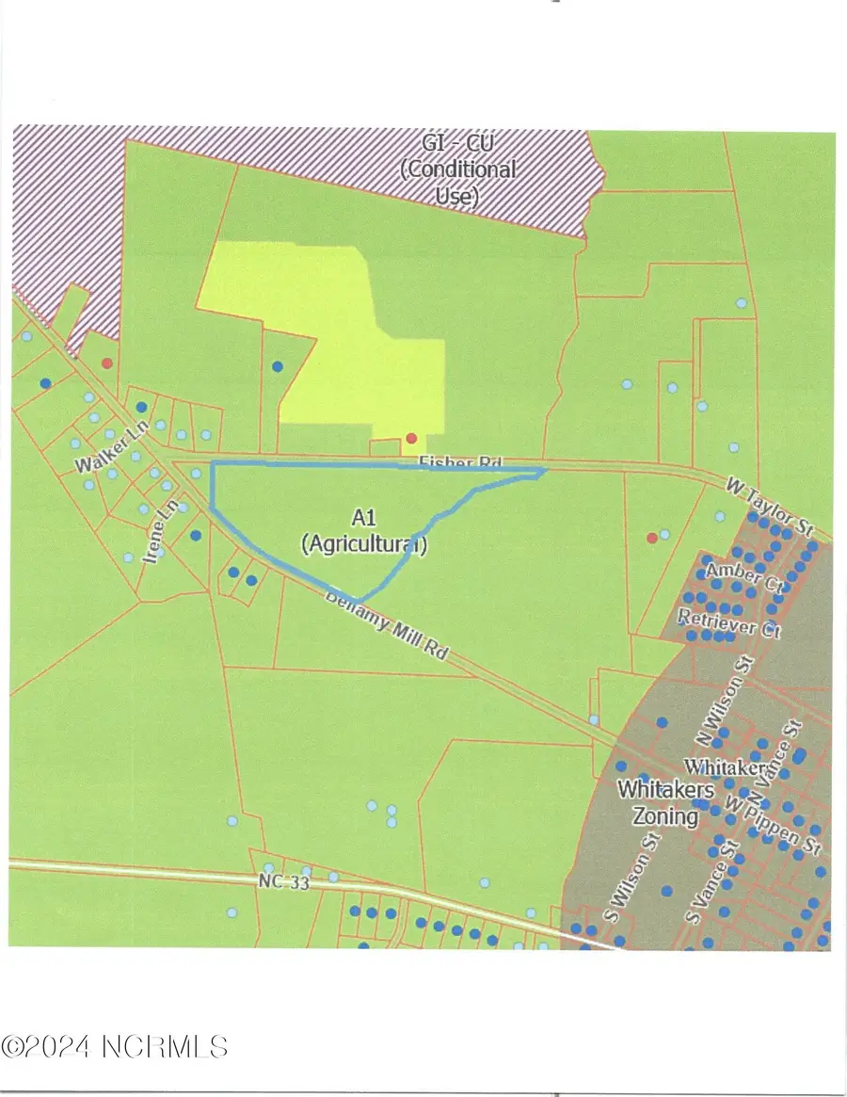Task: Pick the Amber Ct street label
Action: coord(743,575)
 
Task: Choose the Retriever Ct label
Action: coord(729,622)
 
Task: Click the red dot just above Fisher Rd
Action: coord(411,438)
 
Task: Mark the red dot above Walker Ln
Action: coord(107,363)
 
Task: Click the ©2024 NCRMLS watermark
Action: coord(115,1045)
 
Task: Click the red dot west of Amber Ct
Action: coord(651,538)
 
